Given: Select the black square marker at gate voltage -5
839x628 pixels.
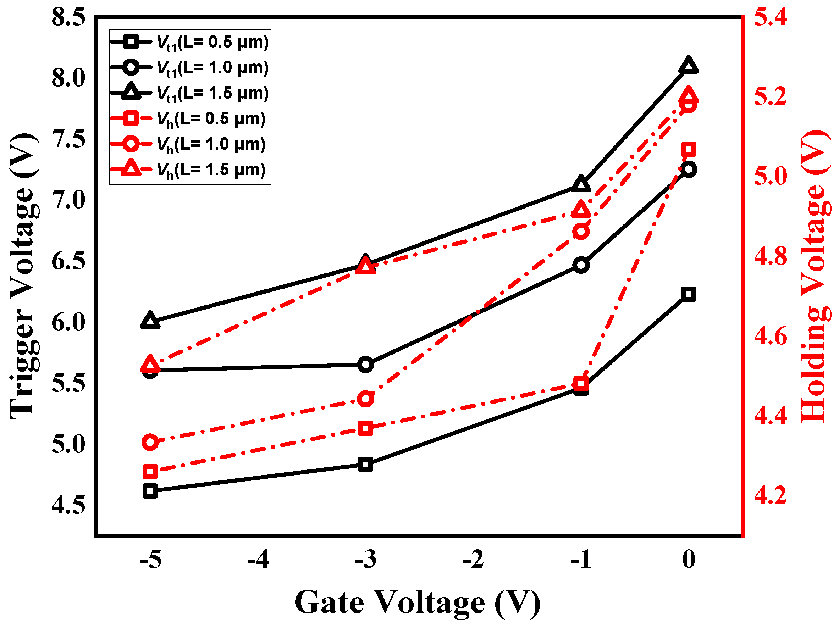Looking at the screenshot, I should [x=150, y=491].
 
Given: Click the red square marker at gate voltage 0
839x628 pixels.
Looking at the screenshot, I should [x=689, y=150].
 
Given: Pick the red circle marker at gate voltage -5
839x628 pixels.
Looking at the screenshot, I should [x=150, y=443].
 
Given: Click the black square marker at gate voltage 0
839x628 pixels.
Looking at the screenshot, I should [x=689, y=294].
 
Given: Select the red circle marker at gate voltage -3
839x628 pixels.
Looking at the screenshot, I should [x=366, y=399].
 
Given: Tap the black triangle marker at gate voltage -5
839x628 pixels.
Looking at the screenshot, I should [x=150, y=321].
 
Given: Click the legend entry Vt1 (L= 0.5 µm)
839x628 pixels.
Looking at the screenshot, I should [x=190, y=42].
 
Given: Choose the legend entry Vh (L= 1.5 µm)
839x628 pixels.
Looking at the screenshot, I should [x=190, y=169].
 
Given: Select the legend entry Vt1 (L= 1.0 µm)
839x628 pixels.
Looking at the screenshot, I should [x=190, y=67].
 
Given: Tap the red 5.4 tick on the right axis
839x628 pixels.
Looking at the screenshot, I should [x=770, y=17].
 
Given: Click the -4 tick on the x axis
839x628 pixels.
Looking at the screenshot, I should [x=258, y=559].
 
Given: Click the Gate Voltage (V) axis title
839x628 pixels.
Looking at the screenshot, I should [x=417, y=602].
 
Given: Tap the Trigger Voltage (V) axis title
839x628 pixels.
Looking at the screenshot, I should [x=23, y=276].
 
